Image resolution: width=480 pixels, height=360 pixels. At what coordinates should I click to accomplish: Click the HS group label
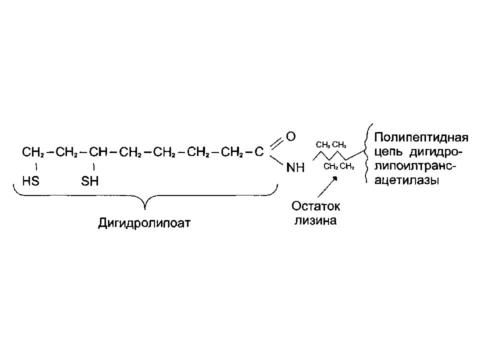click(30, 181)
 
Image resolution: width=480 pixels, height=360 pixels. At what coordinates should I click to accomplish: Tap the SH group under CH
click(89, 181)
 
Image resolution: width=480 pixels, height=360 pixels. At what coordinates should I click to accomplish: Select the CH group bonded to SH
click(98, 151)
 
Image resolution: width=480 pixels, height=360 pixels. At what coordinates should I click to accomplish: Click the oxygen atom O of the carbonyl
click(291, 136)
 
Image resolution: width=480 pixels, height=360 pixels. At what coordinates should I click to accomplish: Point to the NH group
click(295, 167)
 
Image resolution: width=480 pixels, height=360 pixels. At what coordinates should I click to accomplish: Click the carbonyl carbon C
click(259, 151)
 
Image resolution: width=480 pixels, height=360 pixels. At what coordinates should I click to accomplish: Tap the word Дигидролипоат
click(144, 223)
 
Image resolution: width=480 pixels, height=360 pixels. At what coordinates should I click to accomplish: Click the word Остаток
click(315, 206)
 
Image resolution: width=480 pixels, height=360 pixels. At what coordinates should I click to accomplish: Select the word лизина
click(315, 220)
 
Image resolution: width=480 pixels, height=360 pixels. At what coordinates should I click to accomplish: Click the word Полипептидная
click(421, 137)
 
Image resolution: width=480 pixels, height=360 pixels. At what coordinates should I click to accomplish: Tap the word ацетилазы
click(407, 180)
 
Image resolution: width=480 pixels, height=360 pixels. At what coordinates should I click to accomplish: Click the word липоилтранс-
click(415, 166)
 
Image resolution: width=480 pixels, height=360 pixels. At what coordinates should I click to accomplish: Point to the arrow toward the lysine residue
click(327, 186)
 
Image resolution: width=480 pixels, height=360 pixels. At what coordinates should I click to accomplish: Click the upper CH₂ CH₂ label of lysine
click(331, 145)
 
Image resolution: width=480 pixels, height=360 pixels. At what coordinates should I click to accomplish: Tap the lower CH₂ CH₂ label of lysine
click(339, 166)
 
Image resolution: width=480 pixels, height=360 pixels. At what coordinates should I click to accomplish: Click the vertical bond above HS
click(36, 167)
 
